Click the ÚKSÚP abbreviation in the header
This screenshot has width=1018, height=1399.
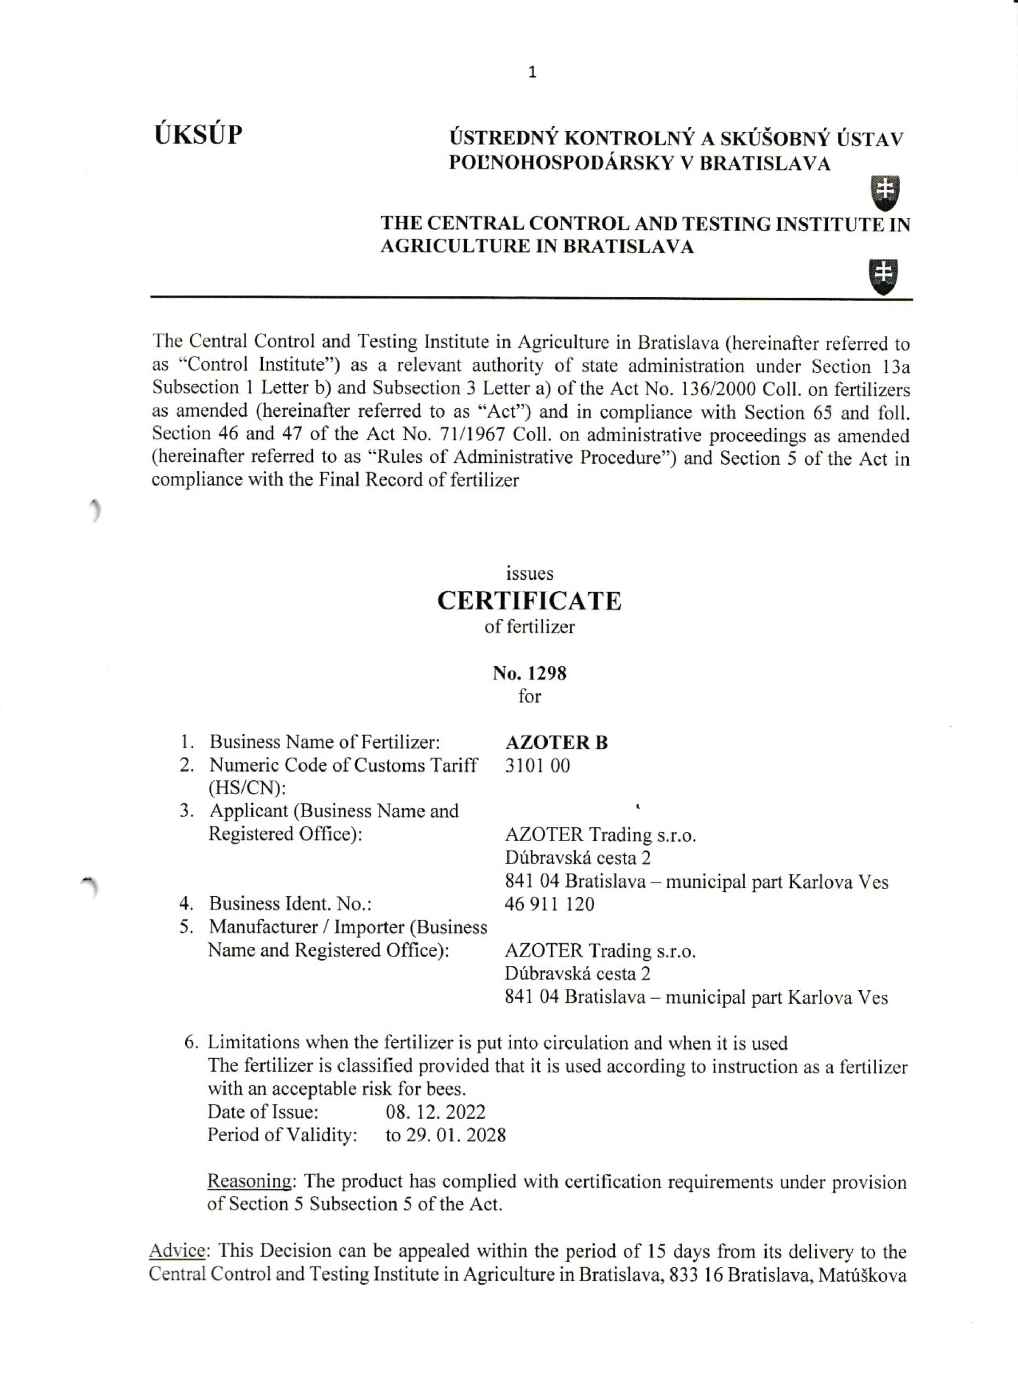pyautogui.click(x=198, y=134)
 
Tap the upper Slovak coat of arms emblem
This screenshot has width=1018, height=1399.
pyautogui.click(x=884, y=192)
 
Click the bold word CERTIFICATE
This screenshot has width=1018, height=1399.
pyautogui.click(x=529, y=601)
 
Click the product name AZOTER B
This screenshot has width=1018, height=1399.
pyautogui.click(x=556, y=743)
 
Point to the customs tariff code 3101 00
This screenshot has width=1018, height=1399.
pyautogui.click(x=537, y=766)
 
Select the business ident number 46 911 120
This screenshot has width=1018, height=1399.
pyautogui.click(x=549, y=904)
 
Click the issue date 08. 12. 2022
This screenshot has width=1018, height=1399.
pyautogui.click(x=435, y=1112)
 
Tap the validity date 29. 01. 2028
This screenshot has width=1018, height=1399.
pyautogui.click(x=455, y=1135)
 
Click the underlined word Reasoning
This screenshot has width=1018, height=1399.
pyautogui.click(x=249, y=1181)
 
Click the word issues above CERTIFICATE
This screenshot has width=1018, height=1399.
pyautogui.click(x=529, y=574)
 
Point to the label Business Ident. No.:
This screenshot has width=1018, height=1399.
pyautogui.click(x=290, y=904)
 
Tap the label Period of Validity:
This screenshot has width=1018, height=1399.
pyautogui.click(x=282, y=1135)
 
